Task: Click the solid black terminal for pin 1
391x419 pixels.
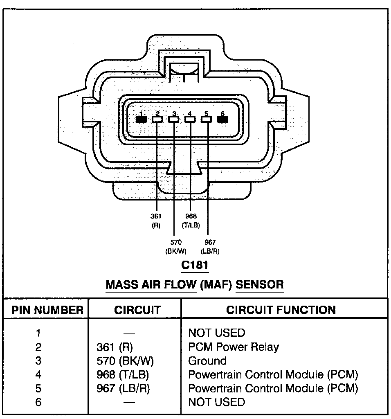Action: click(x=141, y=119)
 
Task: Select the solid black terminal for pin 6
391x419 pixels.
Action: click(x=222, y=119)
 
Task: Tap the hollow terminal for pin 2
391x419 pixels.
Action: click(x=157, y=119)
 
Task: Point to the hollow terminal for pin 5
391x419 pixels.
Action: click(x=207, y=119)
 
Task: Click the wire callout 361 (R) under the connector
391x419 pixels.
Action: click(x=156, y=220)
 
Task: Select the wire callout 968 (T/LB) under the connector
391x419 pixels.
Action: click(x=191, y=220)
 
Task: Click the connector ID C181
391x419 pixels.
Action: click(x=195, y=265)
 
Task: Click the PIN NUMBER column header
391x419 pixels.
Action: click(x=47, y=310)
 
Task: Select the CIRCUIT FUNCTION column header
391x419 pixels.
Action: click(x=281, y=310)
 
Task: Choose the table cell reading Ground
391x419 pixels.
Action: click(x=207, y=361)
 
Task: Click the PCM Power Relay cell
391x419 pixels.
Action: click(x=234, y=347)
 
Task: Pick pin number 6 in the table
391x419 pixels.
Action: click(x=38, y=402)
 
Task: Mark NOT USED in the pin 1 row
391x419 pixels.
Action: click(x=216, y=333)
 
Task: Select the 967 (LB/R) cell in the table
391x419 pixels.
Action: click(x=123, y=388)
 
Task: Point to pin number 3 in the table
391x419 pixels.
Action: click(x=38, y=361)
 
